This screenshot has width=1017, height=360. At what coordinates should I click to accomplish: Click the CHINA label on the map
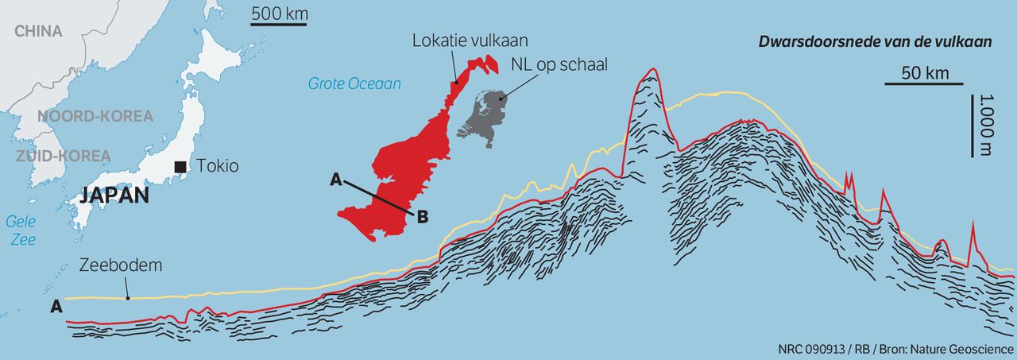pyautogui.click(x=38, y=31)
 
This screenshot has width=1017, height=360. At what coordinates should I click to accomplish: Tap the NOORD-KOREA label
pyautogui.click(x=95, y=116)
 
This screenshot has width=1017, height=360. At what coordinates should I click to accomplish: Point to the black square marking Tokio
pyautogui.click(x=182, y=166)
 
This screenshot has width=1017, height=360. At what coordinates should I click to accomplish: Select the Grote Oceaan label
pyautogui.click(x=354, y=83)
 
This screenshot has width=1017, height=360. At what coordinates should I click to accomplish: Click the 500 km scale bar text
pyautogui.click(x=280, y=14)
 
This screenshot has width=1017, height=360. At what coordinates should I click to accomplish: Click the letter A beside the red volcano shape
pyautogui.click(x=336, y=180)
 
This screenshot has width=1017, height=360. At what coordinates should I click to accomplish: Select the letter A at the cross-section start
pyautogui.click(x=56, y=307)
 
